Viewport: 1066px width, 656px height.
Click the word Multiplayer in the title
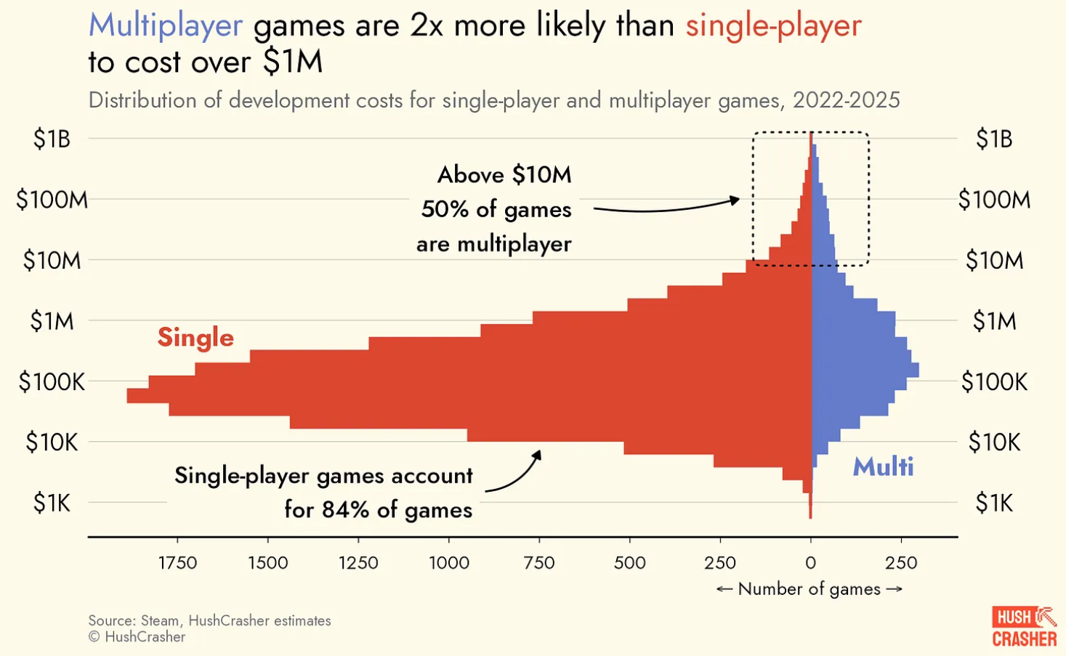pyautogui.click(x=165, y=26)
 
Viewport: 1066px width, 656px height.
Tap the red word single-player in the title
pyautogui.click(x=773, y=26)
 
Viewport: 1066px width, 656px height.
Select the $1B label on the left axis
pyautogui.click(x=52, y=139)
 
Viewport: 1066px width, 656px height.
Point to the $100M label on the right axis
pyautogui.click(x=993, y=200)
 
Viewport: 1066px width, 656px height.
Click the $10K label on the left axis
pyautogui.click(x=52, y=442)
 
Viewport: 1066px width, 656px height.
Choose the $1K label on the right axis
pyautogui.click(x=993, y=503)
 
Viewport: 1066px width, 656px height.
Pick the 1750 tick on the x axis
pyautogui.click(x=177, y=563)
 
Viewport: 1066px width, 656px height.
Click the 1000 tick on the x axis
pyautogui.click(x=449, y=563)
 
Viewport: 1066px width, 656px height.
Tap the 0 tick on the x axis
pyautogui.click(x=811, y=563)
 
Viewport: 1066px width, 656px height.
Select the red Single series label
pyautogui.click(x=195, y=338)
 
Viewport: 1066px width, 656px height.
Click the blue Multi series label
pyautogui.click(x=883, y=466)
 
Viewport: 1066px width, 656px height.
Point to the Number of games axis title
pyautogui.click(x=809, y=589)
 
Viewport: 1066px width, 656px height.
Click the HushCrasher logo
pyautogui.click(x=1024, y=627)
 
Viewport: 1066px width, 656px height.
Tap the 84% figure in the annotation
pyautogui.click(x=345, y=510)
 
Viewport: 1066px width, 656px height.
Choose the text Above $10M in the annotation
pyautogui.click(x=504, y=175)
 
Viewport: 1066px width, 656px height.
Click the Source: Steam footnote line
pyautogui.click(x=209, y=621)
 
